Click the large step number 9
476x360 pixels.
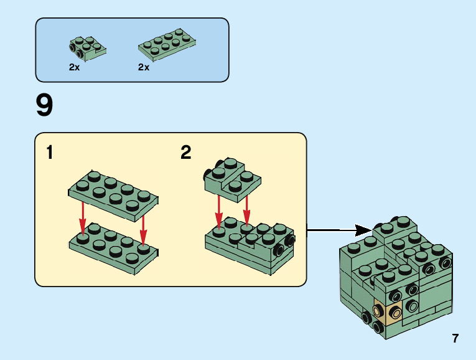pyautogui.click(x=45, y=105)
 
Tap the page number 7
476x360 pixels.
pyautogui.click(x=455, y=339)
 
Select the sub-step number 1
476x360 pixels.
pyautogui.click(x=50, y=152)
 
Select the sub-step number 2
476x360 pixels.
pyautogui.click(x=185, y=152)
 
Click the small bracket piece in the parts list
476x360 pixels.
pyautogui.click(x=86, y=50)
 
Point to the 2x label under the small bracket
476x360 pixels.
pyautogui.click(x=75, y=67)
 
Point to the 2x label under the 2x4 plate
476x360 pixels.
pyautogui.click(x=144, y=67)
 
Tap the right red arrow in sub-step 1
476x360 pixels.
pyautogui.click(x=143, y=229)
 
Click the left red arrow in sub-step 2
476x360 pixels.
pyautogui.click(x=218, y=210)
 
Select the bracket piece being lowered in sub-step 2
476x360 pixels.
pyautogui.click(x=231, y=179)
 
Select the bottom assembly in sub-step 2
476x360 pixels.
pyautogui.click(x=249, y=245)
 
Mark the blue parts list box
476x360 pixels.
pyautogui.click(x=132, y=50)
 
